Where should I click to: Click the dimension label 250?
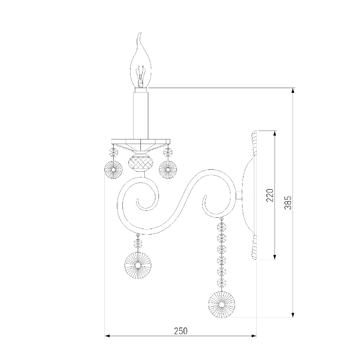[x=181, y=331]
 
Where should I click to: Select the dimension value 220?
[x=270, y=195]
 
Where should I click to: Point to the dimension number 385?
[x=288, y=203]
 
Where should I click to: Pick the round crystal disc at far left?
[x=114, y=170]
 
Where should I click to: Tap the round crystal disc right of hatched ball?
[x=168, y=170]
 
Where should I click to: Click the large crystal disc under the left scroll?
[x=138, y=265]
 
